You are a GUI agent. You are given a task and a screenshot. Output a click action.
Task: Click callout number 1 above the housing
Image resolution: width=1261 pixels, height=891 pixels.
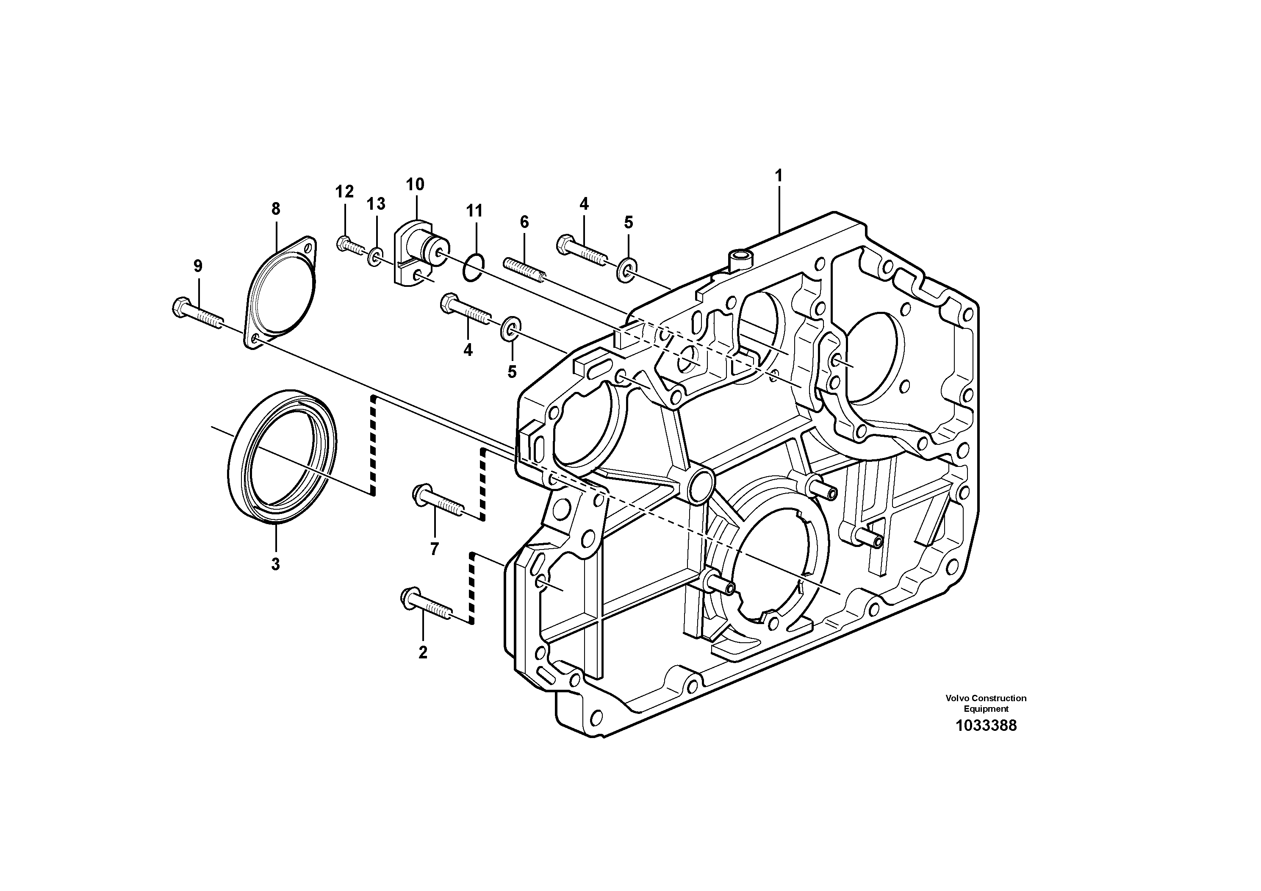tap(778, 176)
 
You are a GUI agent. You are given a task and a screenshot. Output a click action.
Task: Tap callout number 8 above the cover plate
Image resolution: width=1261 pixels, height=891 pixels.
tap(276, 209)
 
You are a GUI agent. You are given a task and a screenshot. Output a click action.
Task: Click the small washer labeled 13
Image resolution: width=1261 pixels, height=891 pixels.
tap(376, 256)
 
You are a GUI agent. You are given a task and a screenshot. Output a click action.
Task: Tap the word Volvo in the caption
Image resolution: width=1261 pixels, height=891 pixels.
tap(957, 698)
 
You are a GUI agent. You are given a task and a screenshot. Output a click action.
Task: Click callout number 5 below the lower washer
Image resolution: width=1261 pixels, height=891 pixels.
tap(512, 372)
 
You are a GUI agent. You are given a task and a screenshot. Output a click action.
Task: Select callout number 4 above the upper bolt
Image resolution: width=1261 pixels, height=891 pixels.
tap(584, 204)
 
